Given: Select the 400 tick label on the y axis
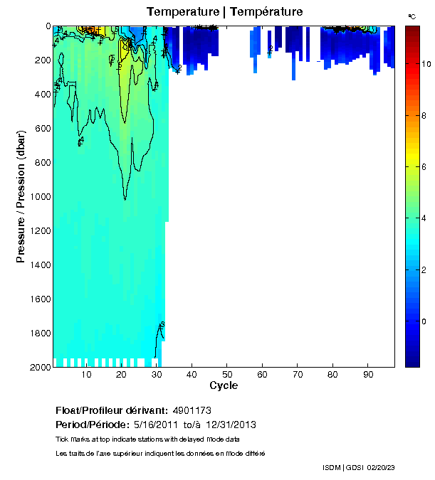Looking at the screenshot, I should coord(41,94).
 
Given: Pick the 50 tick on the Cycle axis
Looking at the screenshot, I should coord(226,374).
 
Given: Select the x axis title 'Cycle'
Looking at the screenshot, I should coord(224,386).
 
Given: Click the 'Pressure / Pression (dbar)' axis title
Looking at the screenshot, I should coord(21,196).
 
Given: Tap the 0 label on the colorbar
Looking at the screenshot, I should coord(424,321).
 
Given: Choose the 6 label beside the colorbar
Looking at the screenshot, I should coord(424,167).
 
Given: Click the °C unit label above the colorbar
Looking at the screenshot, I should coord(412,15).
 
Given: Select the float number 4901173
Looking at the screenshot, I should coord(192,411).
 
